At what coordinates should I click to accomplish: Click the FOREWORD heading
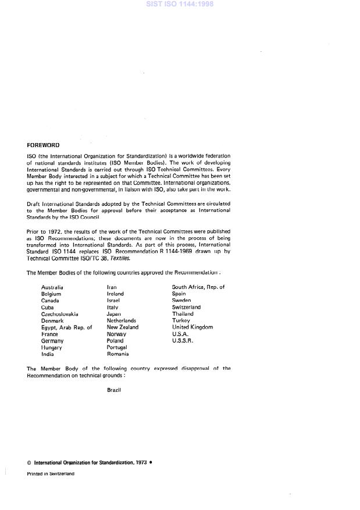[43, 145]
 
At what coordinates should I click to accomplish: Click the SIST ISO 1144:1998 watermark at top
[180, 4]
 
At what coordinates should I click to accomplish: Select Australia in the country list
[52, 287]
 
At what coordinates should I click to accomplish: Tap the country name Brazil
[114, 390]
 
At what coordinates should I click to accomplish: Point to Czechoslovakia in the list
[60, 314]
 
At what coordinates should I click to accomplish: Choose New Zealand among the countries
[123, 327]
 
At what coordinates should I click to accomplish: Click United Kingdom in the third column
[193, 327]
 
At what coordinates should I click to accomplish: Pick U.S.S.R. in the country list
[183, 341]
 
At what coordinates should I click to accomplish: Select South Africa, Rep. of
[198, 287]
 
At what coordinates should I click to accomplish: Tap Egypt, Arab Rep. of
[66, 327]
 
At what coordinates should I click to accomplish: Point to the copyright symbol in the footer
[29, 463]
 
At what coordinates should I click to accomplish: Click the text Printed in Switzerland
[51, 474]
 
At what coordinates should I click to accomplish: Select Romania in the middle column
[118, 354]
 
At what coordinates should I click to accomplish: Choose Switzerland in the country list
[186, 307]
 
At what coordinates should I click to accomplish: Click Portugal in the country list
[117, 347]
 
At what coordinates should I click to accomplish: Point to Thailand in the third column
[183, 314]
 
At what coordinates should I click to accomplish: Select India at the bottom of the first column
[47, 354]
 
